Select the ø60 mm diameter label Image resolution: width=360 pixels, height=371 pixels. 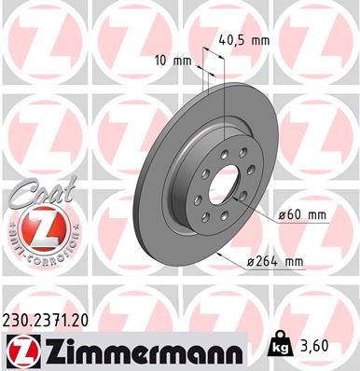pos(303,215)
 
